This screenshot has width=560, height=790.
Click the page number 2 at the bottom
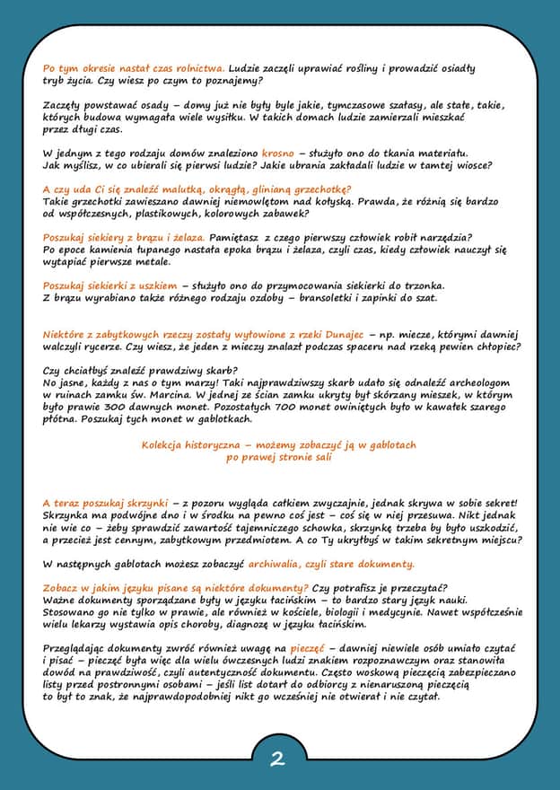[277, 759]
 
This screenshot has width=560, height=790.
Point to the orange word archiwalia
[287, 564]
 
